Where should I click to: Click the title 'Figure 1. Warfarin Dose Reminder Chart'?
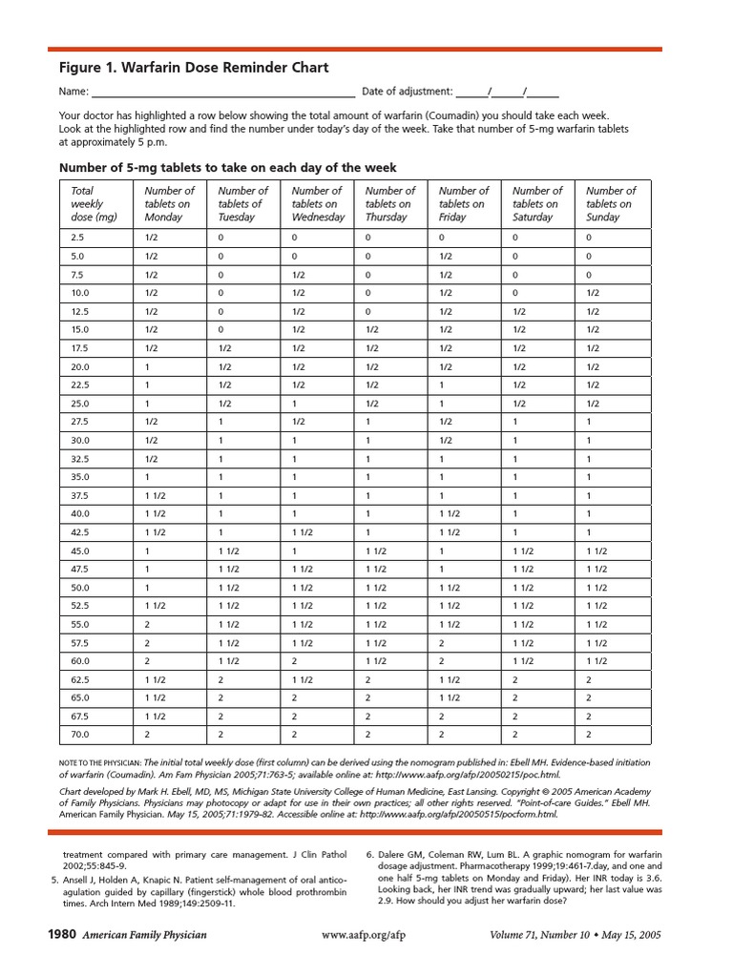194,68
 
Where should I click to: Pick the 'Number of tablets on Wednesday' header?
318,204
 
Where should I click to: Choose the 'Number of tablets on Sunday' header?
611,204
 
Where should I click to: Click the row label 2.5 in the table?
78,239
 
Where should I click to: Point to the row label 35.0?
79,477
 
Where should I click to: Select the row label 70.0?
79,735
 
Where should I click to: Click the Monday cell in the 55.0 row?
148,624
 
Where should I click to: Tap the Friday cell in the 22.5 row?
442,385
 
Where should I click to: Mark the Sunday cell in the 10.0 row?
593,294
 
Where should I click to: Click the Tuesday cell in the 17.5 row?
225,348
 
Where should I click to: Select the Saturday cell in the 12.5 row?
519,312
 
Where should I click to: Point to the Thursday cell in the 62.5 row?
368,679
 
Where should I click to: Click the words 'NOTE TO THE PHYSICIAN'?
99,762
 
